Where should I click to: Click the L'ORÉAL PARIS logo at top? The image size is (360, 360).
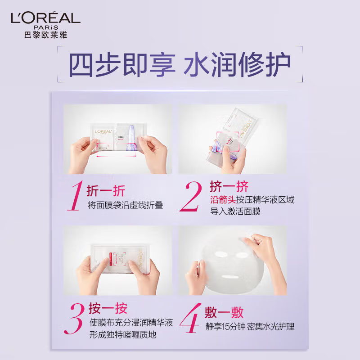tap(45, 18)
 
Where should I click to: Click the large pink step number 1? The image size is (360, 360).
tap(75, 197)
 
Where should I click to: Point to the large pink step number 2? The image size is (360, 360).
tap(191, 197)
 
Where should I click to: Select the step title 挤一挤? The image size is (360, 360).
tap(229, 186)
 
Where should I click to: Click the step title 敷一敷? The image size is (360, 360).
tap(225, 312)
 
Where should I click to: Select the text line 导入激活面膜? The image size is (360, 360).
tap(235, 211)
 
